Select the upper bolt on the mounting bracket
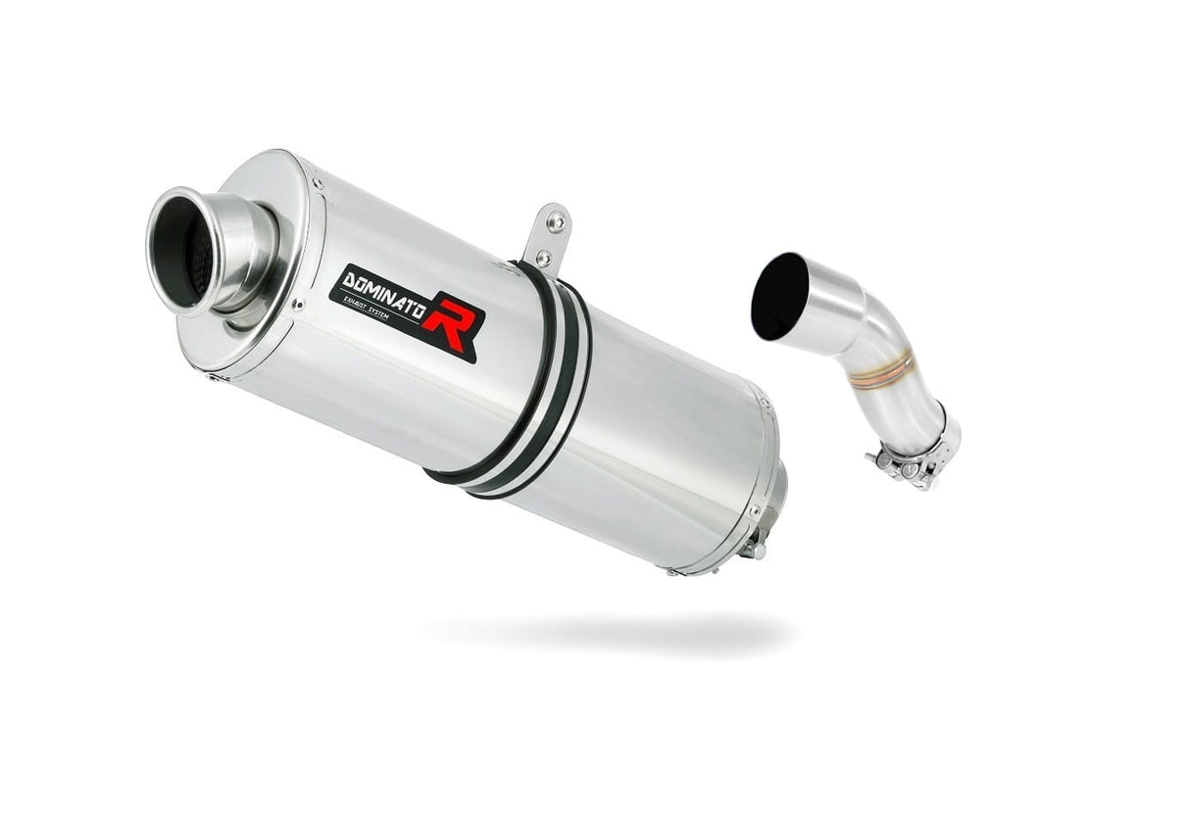pyautogui.click(x=557, y=222)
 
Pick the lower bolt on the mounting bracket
pyautogui.click(x=544, y=257)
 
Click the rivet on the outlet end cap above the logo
pyautogui.click(x=317, y=183)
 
